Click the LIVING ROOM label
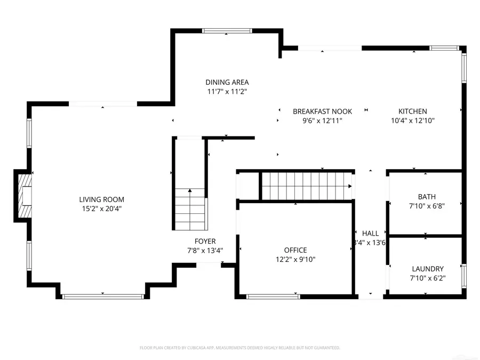pyautogui.click(x=102, y=199)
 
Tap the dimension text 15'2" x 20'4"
pyautogui.click(x=102, y=209)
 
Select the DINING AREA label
pyautogui.click(x=227, y=82)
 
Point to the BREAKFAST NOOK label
pyautogui.click(x=322, y=111)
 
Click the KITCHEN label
pyautogui.click(x=413, y=111)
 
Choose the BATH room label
pyautogui.click(x=427, y=197)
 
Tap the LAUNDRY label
pyautogui.click(x=428, y=269)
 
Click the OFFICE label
pyautogui.click(x=295, y=250)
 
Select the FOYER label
pyautogui.click(x=205, y=241)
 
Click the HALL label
pyautogui.click(x=370, y=233)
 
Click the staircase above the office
pyautogui.click(x=306, y=186)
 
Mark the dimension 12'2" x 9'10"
pyautogui.click(x=295, y=260)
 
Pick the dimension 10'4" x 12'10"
pyautogui.click(x=413, y=121)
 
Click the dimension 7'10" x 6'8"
pyautogui.click(x=427, y=206)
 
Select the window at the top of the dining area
pyautogui.click(x=226, y=31)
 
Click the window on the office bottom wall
pyautogui.click(x=273, y=296)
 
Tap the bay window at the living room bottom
pyautogui.click(x=102, y=296)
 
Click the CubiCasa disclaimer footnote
pyautogui.click(x=240, y=348)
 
